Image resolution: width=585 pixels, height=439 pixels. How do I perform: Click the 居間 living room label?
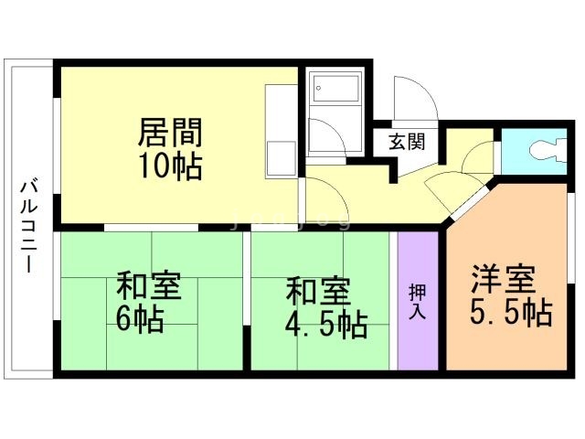tap(169, 133)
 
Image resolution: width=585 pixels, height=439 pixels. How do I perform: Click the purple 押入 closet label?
tap(417, 300)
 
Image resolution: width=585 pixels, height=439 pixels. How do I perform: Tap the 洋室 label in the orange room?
tap(504, 277)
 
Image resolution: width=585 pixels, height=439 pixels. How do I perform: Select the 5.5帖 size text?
tap(510, 313)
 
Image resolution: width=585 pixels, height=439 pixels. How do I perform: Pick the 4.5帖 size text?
tap(325, 323)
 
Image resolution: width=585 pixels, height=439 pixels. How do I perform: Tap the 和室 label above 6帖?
tap(148, 286)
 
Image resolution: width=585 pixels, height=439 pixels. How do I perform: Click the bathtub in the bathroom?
tap(336, 91)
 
